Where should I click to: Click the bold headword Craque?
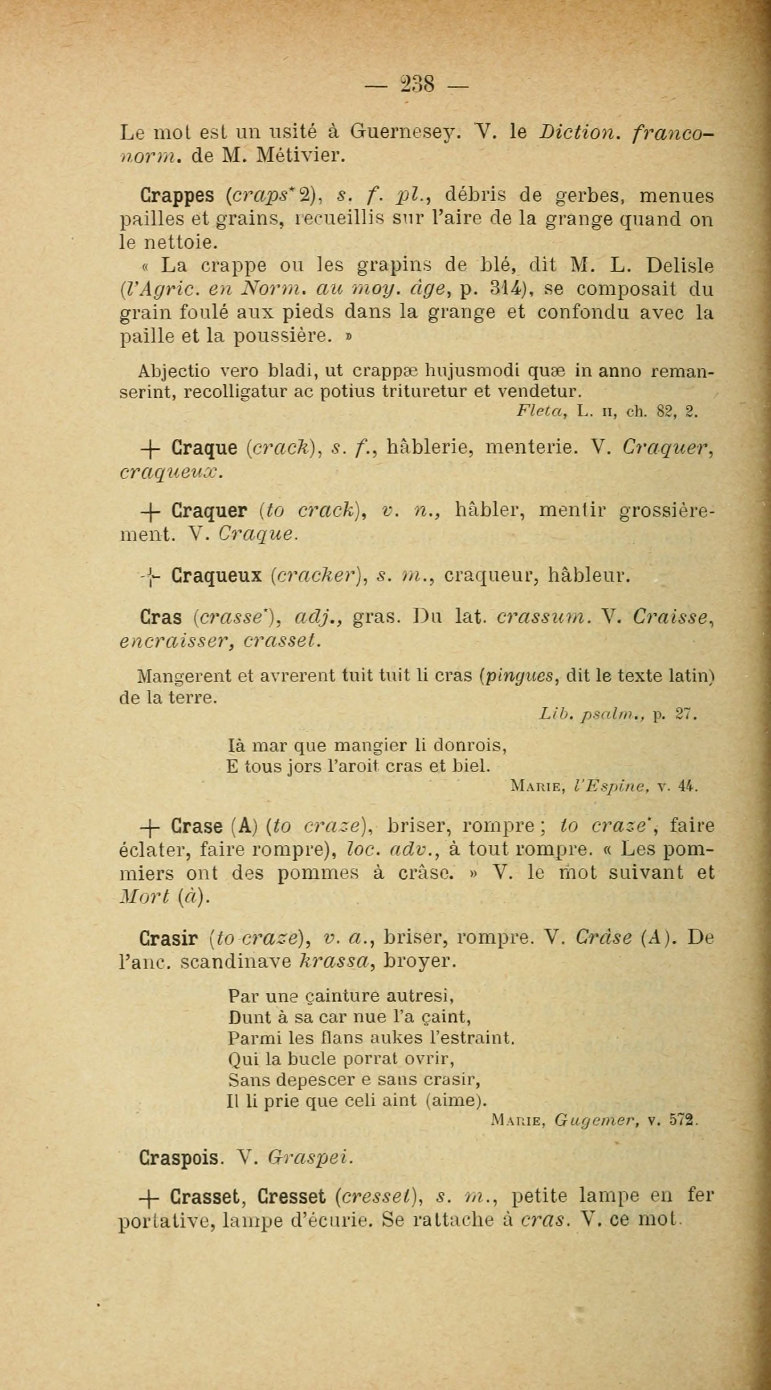(x=204, y=448)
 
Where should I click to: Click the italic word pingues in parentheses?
(x=520, y=677)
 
